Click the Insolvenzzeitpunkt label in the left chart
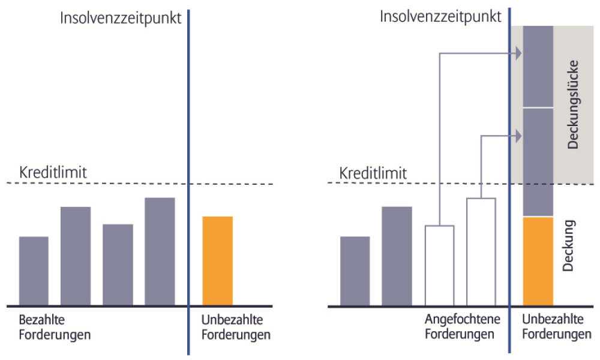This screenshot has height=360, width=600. pos(121,19)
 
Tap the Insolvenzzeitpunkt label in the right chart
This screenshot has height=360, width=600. pos(440,17)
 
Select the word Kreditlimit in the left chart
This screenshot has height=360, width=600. pos(53,173)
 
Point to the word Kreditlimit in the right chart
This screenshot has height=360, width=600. pos(373,173)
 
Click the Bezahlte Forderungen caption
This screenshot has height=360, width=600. pos(55,327)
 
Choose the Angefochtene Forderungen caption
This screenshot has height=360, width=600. pos(463,326)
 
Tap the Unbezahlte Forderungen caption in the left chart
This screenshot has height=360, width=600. pos(236,327)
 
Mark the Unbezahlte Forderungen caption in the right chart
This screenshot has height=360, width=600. pos(557,326)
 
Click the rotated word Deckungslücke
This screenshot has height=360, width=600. pos(573,104)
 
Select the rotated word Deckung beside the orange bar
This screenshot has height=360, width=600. pos(569,245)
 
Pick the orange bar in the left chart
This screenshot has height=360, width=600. pos(217,261)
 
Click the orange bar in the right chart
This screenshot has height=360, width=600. pos(538,261)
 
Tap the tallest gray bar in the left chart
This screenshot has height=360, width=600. pos(160,251)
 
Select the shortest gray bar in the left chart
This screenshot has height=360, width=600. pos(34,271)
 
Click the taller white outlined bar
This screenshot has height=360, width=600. pos(481,252)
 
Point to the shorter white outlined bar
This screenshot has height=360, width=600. pos(440,266)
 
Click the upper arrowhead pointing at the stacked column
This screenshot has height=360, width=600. pos(518,53)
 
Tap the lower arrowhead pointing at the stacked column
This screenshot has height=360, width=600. pos(518,136)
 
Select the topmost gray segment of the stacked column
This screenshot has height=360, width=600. pos(538,66)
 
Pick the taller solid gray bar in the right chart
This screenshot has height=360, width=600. pos(397,256)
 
